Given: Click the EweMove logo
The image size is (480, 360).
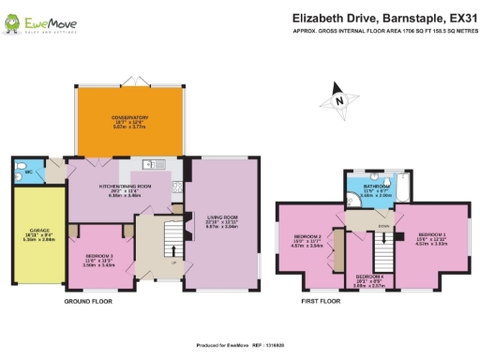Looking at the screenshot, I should (32, 22).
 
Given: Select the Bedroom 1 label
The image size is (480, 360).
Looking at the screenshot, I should (431, 234).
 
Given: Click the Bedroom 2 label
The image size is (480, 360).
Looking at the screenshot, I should (308, 236).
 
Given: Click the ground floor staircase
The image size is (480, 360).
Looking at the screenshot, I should (172, 240).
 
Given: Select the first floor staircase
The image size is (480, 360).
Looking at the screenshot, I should (382, 248).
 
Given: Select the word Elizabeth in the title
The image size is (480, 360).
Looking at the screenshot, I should (322, 18).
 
